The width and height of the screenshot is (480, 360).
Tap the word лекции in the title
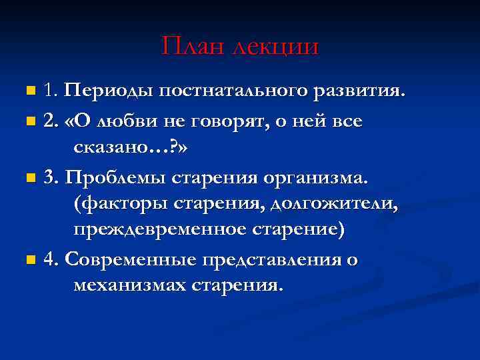tap(275, 46)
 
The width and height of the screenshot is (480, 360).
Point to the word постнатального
tap(235, 90)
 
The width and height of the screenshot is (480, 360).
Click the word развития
tap(364, 90)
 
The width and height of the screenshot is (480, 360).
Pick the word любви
tap(125, 121)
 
